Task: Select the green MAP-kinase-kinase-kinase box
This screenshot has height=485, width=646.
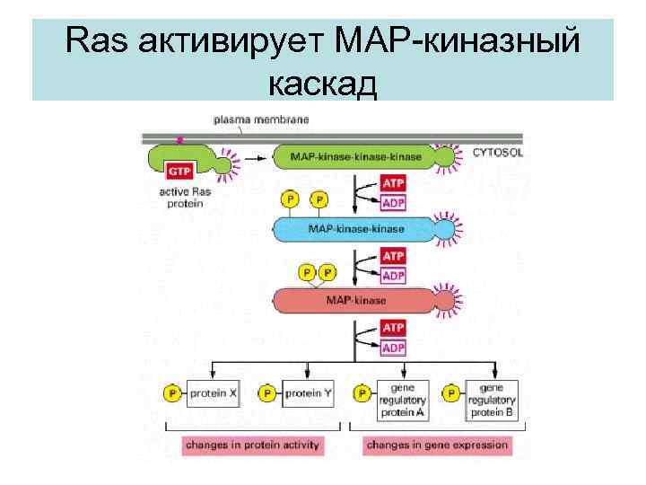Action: [355, 158]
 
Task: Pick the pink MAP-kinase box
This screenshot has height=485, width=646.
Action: [355, 298]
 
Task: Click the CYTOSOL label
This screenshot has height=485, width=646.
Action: [499, 154]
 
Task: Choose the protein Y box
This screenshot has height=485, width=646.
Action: [309, 393]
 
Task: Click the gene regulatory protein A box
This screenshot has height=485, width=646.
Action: [402, 399]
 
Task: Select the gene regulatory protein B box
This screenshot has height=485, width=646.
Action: [492, 399]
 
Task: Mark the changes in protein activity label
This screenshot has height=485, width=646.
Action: [253, 445]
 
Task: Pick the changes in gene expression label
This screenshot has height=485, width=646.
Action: [438, 445]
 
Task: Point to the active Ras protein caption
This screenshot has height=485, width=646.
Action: [182, 197]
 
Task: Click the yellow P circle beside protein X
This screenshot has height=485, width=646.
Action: [170, 393]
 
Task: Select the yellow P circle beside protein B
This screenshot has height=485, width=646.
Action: [454, 393]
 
